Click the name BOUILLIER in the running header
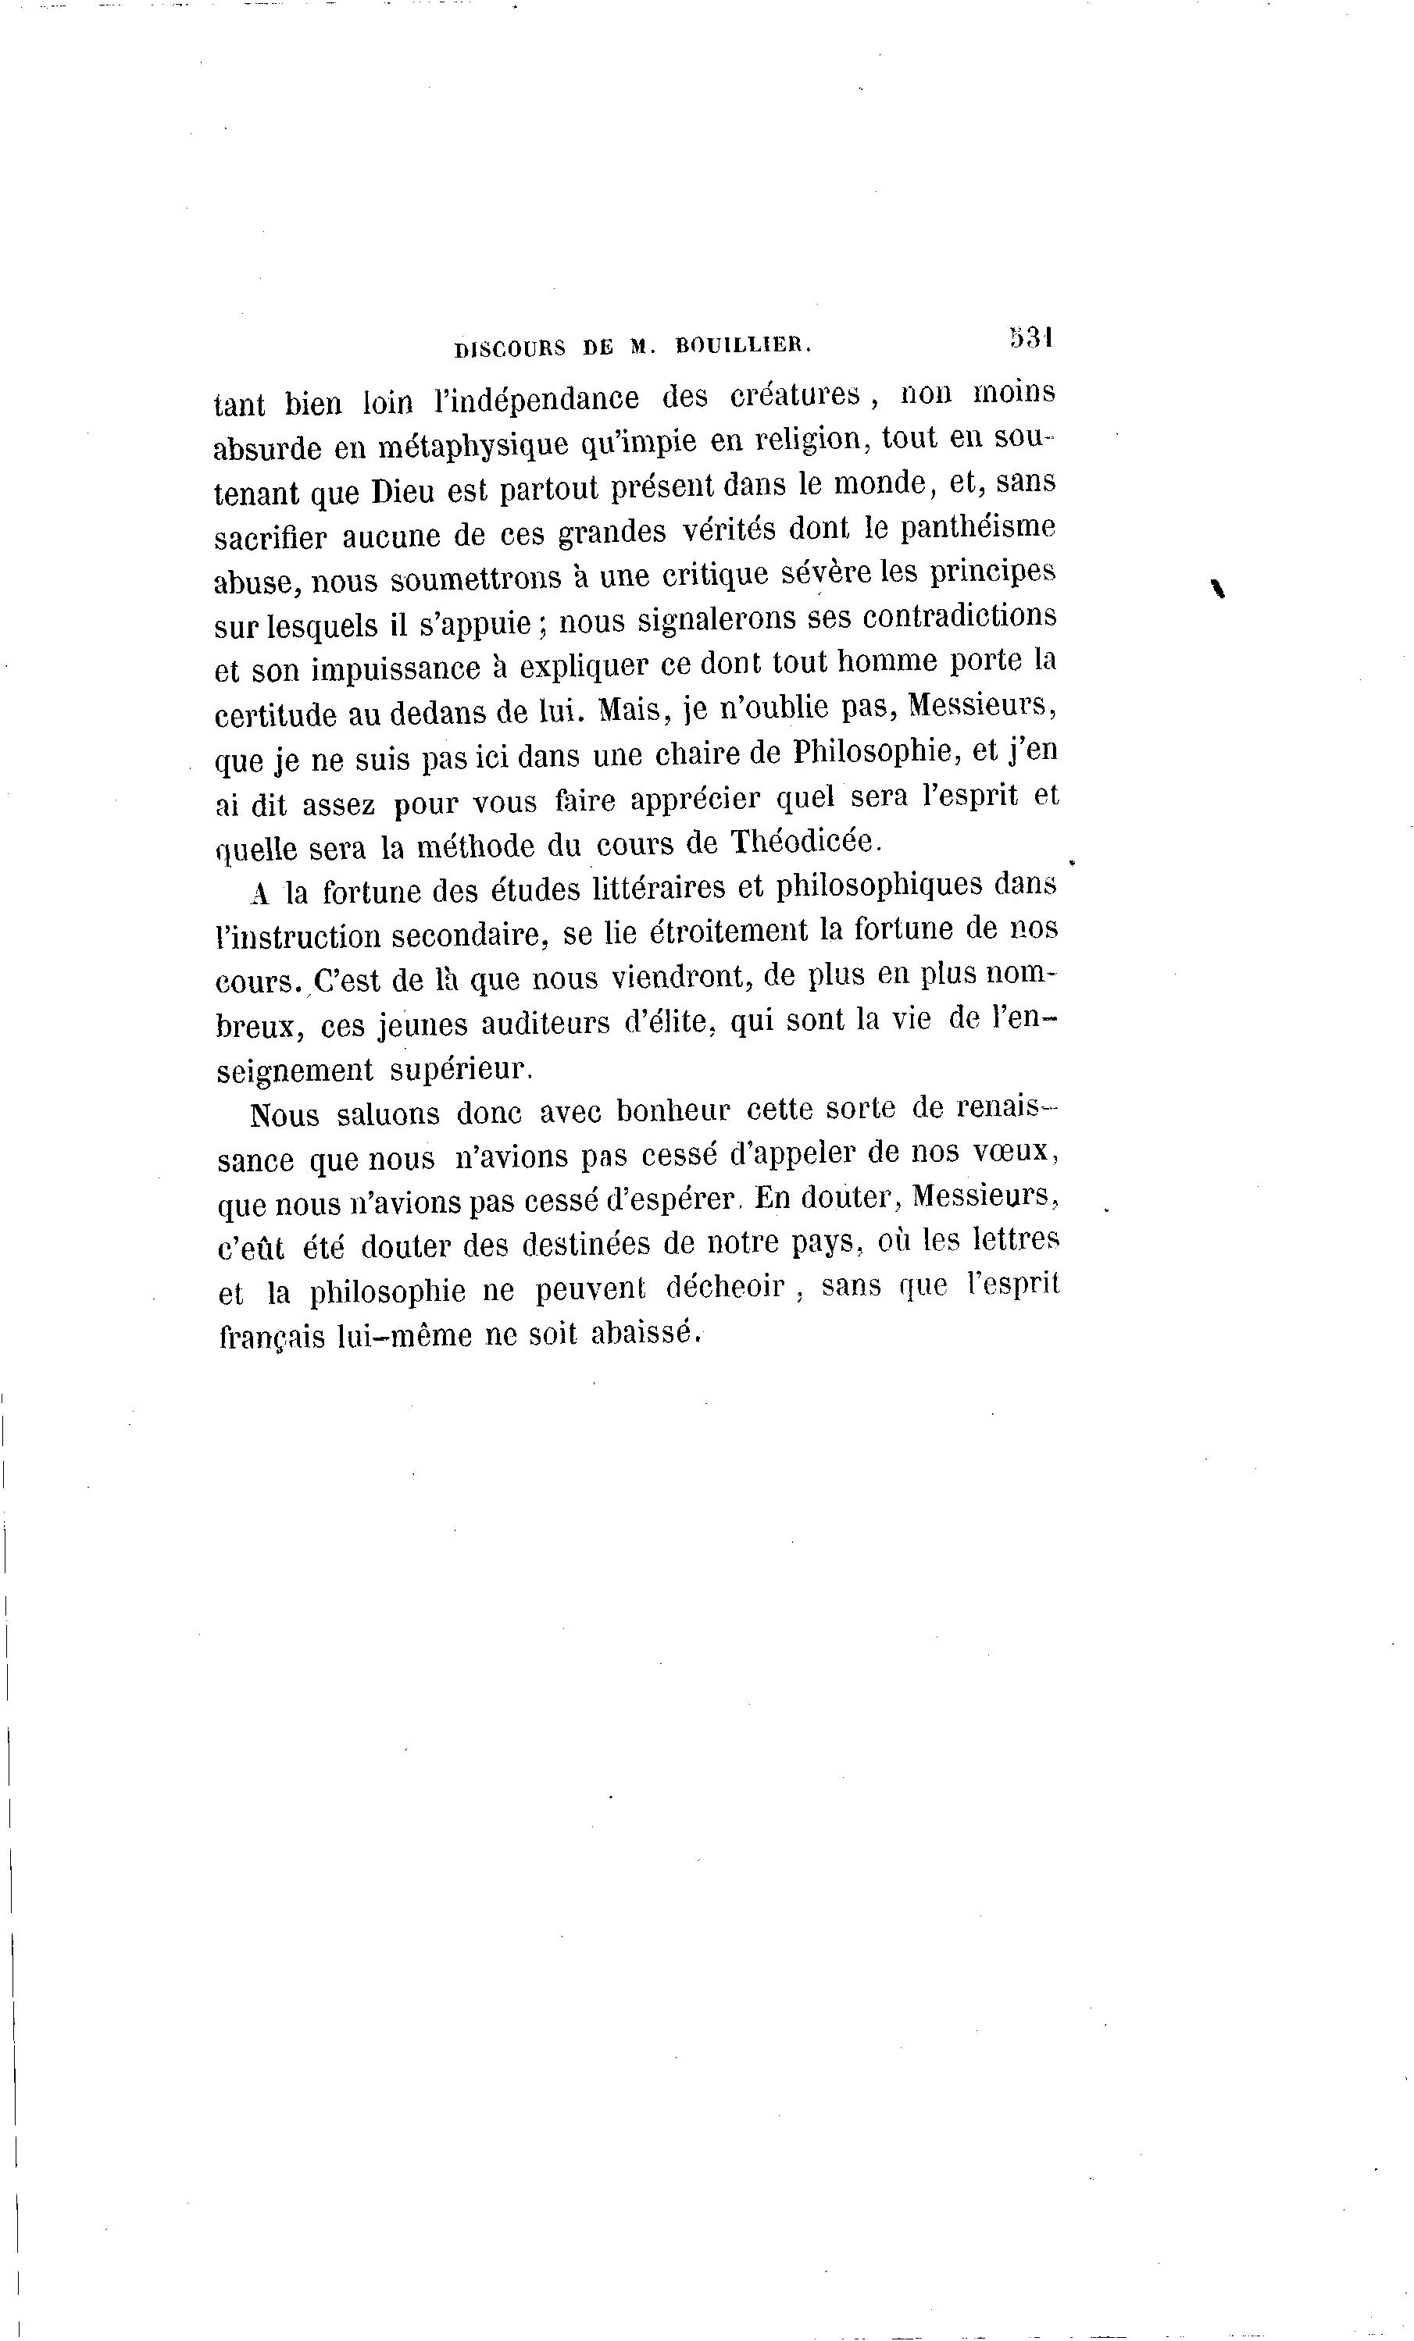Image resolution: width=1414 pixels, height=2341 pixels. pyautogui.click(x=742, y=347)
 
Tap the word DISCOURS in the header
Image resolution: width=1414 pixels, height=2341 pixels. pyautogui.click(x=510, y=347)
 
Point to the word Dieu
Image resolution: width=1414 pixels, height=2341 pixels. pyautogui.click(x=404, y=491)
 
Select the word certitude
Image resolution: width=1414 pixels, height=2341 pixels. pyautogui.click(x=276, y=714)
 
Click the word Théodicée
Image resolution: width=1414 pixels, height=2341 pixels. pyautogui.click(x=806, y=841)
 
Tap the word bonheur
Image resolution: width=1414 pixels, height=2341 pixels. pyautogui.click(x=673, y=1110)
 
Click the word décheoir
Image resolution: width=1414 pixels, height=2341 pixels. pyautogui.click(x=725, y=1288)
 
